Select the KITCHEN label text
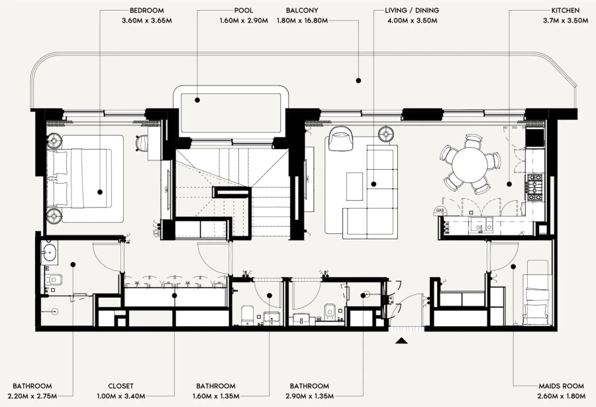click(566, 11)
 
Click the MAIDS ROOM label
click(543, 386)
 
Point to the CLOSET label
click(121, 386)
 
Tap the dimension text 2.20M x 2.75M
click(32, 396)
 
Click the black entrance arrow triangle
click(401, 341)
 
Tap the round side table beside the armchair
click(385, 135)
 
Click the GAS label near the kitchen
click(438, 210)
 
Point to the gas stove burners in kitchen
click(534, 188)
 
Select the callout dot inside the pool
click(197, 100)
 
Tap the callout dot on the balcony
click(358, 80)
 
